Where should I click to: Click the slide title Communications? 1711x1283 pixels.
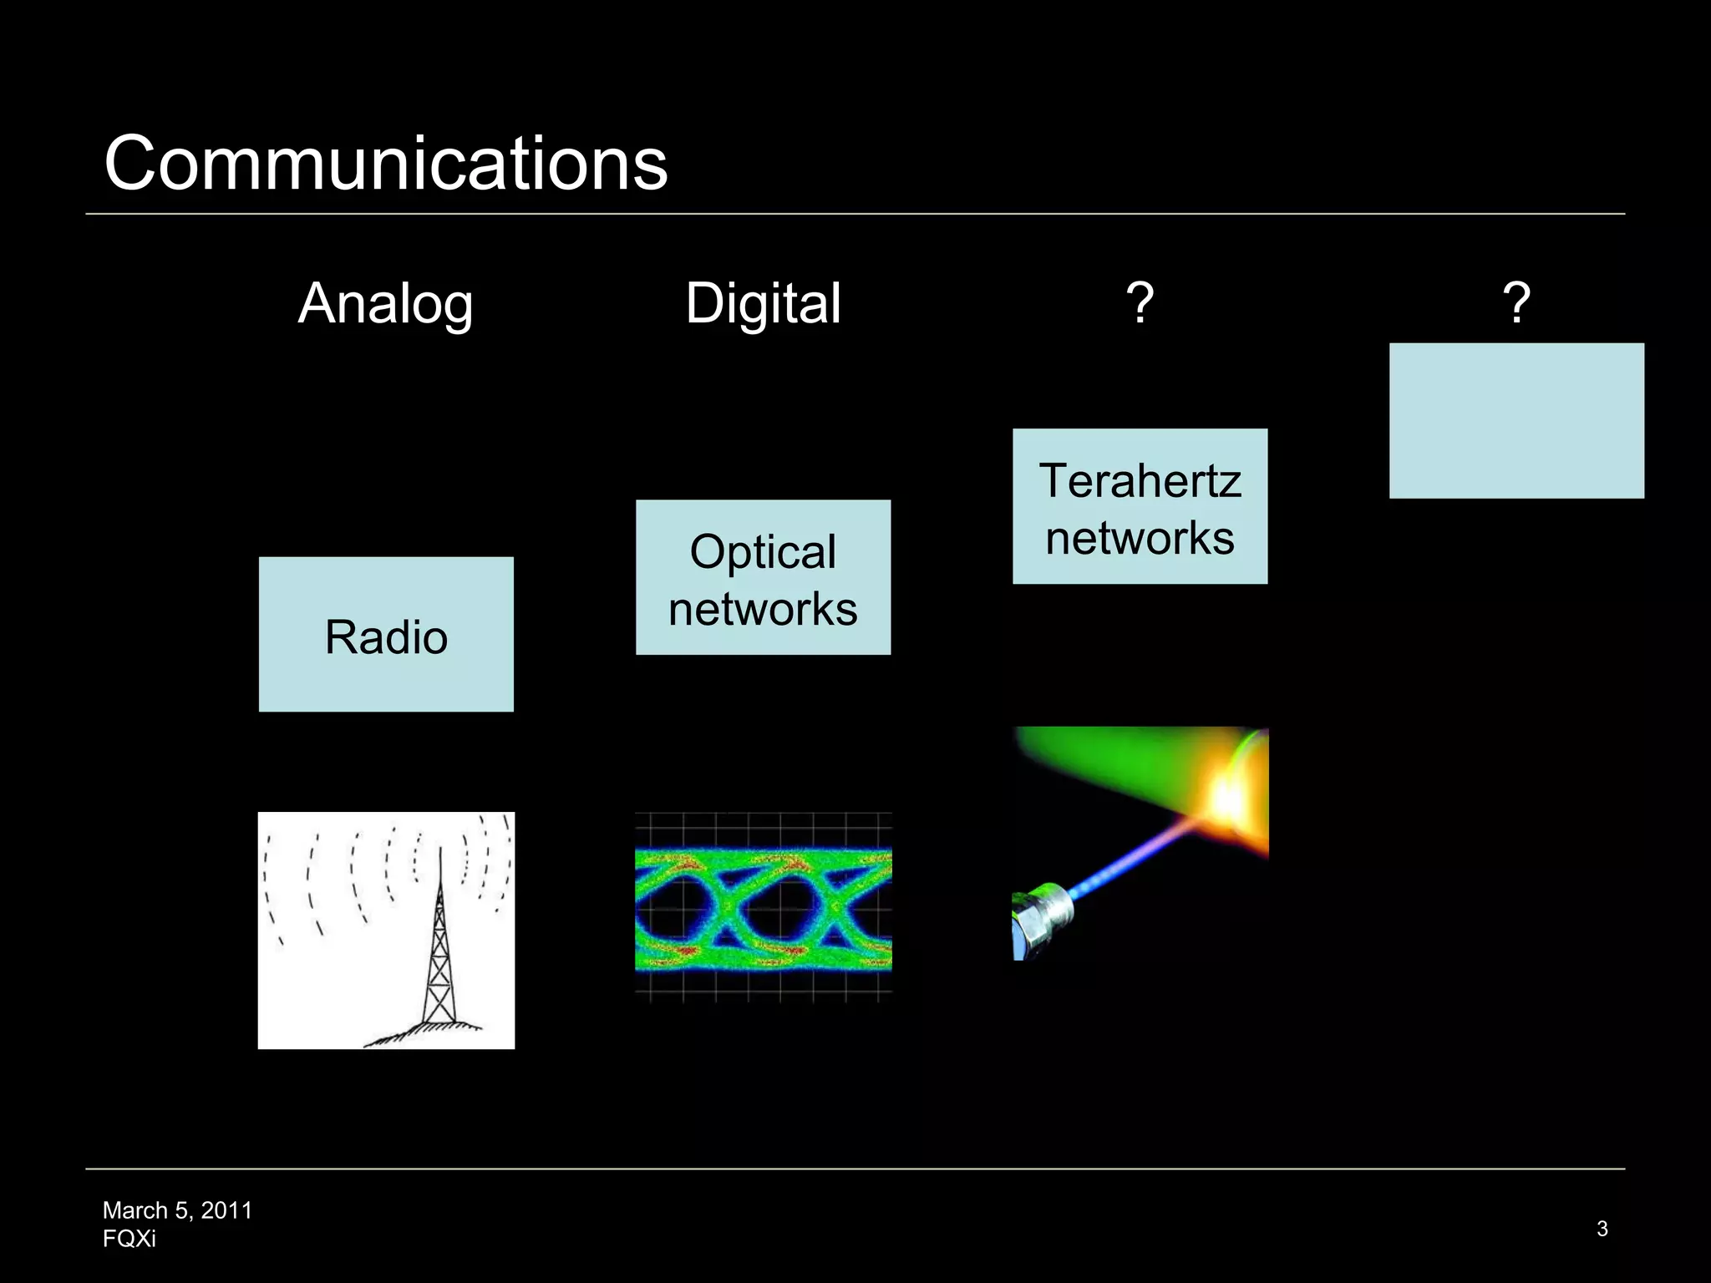pyautogui.click(x=385, y=163)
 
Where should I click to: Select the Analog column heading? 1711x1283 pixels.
pyautogui.click(x=385, y=303)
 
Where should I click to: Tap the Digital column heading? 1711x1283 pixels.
pyautogui.click(x=763, y=303)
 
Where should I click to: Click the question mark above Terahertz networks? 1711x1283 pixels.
pyautogui.click(x=1140, y=303)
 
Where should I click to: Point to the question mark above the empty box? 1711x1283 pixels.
pyautogui.click(x=1516, y=303)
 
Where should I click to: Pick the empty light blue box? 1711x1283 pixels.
pyautogui.click(x=1516, y=420)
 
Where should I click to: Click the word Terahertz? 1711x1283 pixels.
pyautogui.click(x=1140, y=481)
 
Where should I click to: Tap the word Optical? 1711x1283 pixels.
pyautogui.click(x=763, y=552)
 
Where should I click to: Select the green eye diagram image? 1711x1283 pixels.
pyautogui.click(x=763, y=908)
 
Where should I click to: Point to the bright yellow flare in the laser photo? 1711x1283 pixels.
pyautogui.click(x=1228, y=798)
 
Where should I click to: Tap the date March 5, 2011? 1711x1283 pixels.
pyautogui.click(x=177, y=1210)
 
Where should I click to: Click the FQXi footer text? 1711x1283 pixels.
pyautogui.click(x=129, y=1239)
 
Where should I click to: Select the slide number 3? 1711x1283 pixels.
pyautogui.click(x=1602, y=1229)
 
